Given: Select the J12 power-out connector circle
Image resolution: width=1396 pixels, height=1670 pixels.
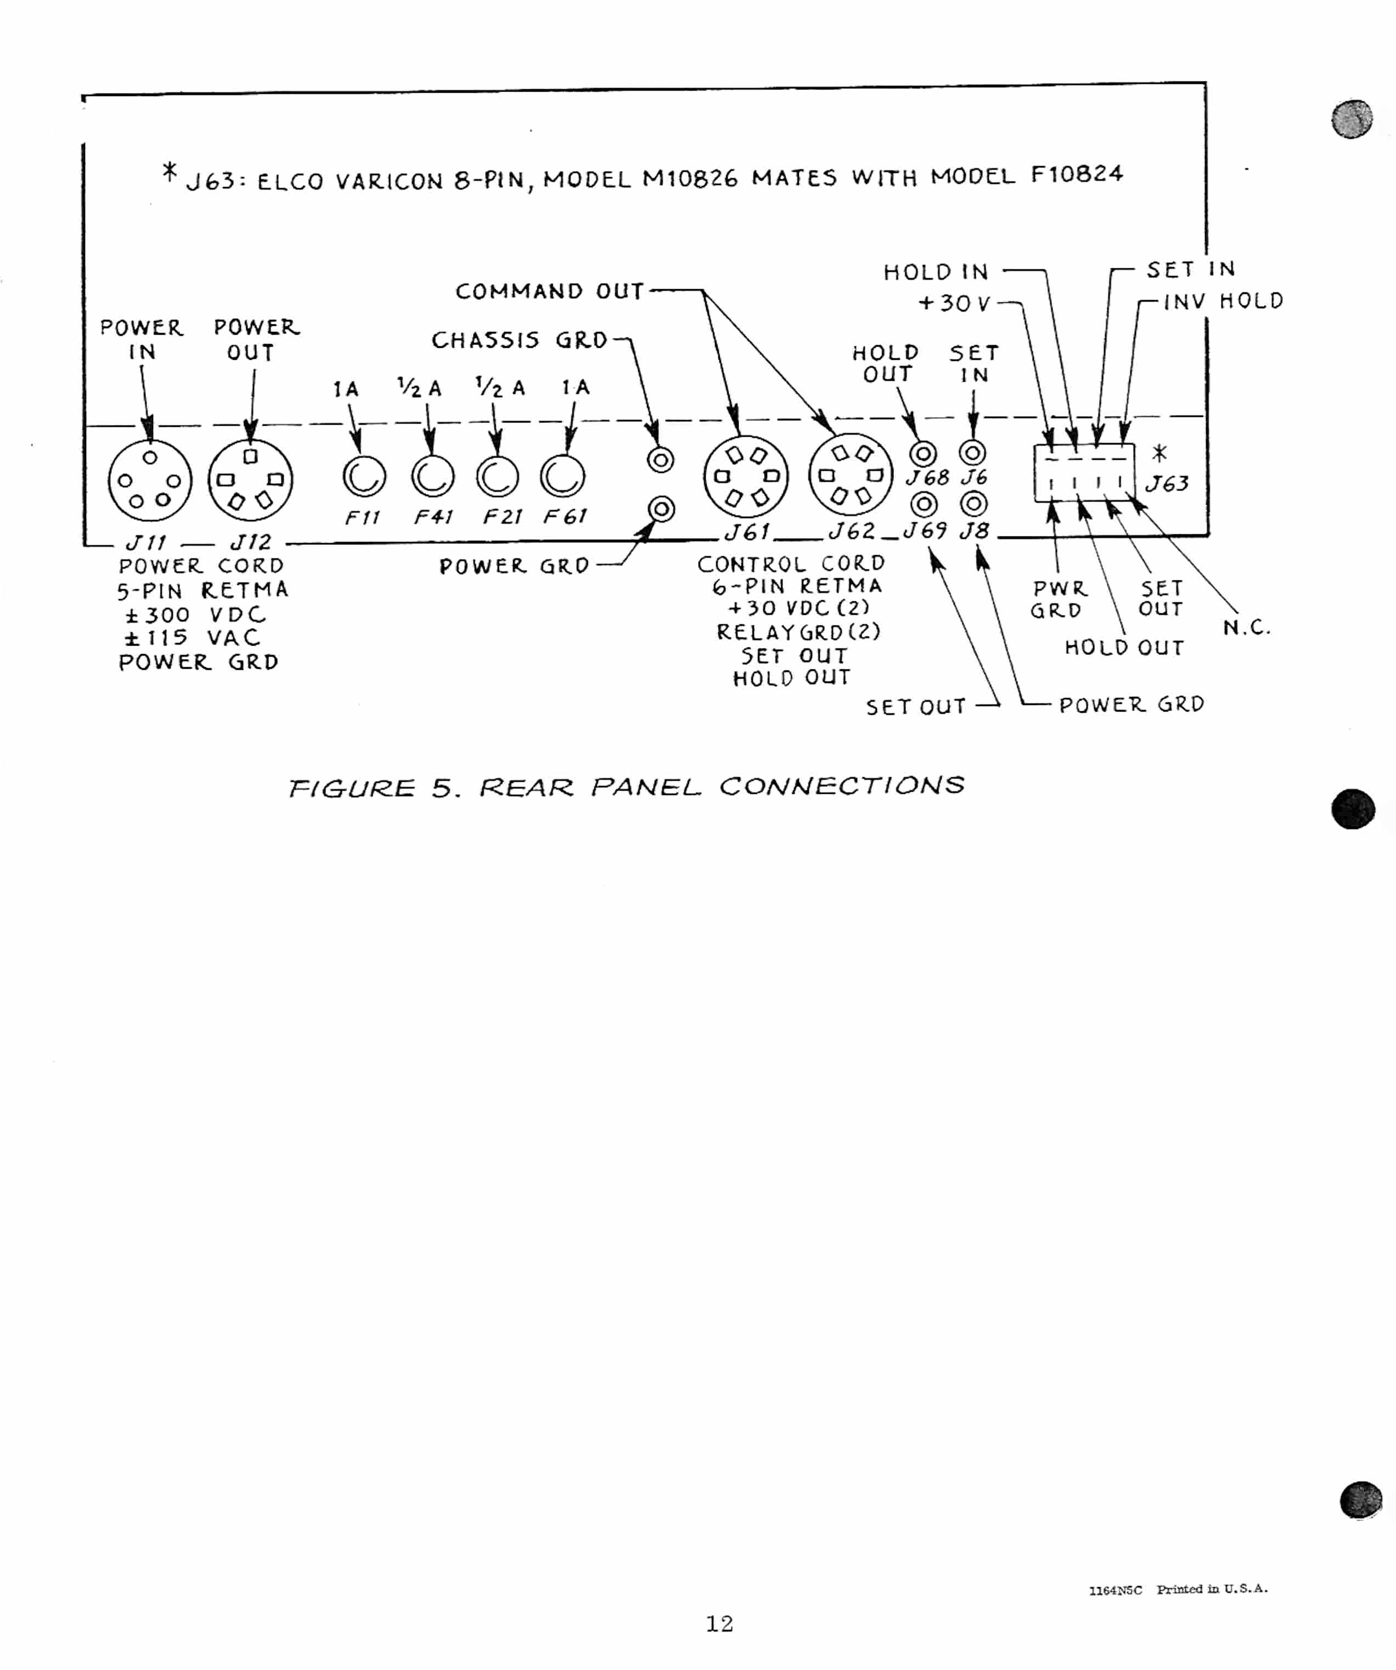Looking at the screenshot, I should [251, 479].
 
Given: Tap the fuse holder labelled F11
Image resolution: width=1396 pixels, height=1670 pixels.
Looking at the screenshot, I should [364, 477].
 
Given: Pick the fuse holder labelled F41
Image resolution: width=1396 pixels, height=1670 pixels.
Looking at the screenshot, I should [433, 477].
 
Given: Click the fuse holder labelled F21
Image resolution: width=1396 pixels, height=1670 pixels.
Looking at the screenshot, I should [498, 477].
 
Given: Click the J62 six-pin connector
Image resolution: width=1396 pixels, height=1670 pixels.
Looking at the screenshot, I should [851, 475].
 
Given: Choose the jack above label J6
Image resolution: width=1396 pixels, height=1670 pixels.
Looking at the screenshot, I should [973, 453].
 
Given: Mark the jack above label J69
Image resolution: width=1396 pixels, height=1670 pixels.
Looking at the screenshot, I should [924, 504].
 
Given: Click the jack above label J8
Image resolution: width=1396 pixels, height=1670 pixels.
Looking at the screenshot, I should [973, 504].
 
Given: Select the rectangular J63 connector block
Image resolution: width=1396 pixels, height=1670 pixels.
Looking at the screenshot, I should [1083, 473].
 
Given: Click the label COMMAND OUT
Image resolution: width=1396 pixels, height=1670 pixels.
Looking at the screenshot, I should [549, 291].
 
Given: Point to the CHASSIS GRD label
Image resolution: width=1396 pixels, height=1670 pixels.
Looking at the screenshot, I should [520, 340].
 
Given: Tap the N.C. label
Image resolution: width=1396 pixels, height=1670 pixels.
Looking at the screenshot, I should [1246, 628].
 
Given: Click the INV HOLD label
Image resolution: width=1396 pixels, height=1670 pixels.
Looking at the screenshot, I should [1223, 301].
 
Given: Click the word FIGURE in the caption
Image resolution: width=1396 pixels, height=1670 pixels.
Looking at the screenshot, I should [352, 788].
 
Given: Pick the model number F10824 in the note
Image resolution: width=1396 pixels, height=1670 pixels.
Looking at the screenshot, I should [1077, 174].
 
